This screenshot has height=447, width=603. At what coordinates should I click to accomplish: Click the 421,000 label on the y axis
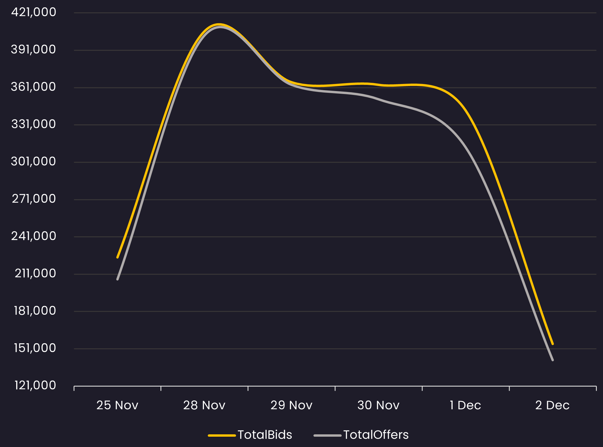34,12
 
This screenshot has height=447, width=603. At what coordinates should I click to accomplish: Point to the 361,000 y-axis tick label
33,87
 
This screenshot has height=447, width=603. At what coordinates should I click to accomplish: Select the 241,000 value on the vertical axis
34,236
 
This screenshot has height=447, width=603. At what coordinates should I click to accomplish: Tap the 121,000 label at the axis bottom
35,385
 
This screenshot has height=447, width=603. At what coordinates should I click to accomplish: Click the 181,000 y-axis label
35,311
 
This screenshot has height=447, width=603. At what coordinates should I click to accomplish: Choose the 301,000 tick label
33,161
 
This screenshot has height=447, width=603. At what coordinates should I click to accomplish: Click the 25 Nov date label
117,405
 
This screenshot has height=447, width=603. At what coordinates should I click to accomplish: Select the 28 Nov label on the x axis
204,405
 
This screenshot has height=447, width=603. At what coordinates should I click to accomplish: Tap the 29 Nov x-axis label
291,405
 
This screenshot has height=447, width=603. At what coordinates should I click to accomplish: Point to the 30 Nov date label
378,405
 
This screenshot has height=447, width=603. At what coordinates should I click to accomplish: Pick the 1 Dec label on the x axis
465,405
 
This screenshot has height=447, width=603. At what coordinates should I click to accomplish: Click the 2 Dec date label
552,405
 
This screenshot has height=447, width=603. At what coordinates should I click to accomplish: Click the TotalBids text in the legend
265,435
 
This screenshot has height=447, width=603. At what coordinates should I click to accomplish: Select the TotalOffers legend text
376,435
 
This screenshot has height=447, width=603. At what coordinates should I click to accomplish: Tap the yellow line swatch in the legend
222,435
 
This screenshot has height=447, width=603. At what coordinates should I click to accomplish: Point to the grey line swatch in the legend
328,435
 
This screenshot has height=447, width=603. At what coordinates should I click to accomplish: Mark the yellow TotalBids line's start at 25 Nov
117,258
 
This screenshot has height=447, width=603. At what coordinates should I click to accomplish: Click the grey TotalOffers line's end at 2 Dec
553,360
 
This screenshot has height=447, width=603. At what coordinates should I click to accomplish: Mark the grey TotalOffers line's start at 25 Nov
117,279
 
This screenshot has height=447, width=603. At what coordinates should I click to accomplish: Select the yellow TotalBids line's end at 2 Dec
553,344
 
